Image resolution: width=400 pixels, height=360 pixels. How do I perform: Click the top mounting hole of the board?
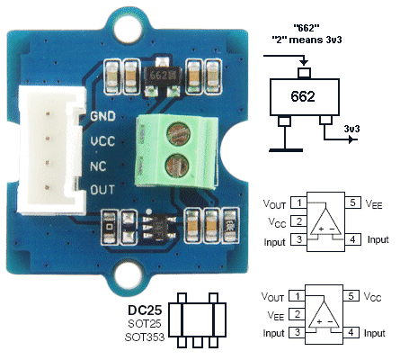tap(128, 30)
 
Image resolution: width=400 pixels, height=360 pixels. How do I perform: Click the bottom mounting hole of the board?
tap(128, 274)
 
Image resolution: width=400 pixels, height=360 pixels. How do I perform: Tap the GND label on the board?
tap(102, 116)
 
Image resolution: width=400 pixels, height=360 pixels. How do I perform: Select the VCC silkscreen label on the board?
tap(102, 140)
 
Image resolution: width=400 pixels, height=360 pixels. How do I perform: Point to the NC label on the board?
tap(98, 166)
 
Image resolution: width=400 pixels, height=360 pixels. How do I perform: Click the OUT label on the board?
tap(102, 190)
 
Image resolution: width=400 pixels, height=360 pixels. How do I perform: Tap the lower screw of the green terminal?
tap(177, 165)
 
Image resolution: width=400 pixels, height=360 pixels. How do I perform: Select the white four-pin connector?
tap(50, 150)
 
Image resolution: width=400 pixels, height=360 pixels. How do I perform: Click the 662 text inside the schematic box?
tap(303, 96)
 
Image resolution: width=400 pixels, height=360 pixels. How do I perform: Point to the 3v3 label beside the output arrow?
tap(351, 129)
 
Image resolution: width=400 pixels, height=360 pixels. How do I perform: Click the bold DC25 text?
tap(145, 310)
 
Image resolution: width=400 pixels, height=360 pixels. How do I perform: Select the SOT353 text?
tap(145, 337)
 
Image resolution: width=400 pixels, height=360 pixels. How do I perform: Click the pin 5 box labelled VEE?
tap(353, 202)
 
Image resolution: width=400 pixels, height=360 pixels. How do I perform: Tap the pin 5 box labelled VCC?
tap(351, 296)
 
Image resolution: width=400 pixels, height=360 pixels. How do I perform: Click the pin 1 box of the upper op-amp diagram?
tap(299, 202)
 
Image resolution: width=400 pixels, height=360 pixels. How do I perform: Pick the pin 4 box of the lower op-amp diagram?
tap(351, 332)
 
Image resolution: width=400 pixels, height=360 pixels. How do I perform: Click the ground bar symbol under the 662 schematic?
tap(286, 150)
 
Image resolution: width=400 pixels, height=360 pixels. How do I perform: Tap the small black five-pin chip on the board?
tap(159, 228)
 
